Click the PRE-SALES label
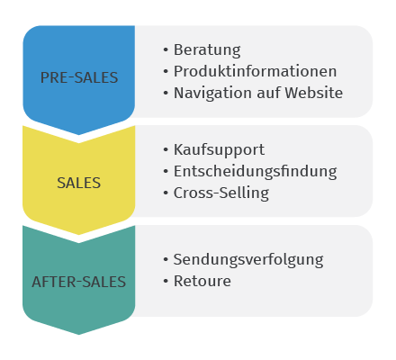tap(79, 77)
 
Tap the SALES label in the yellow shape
tap(79, 183)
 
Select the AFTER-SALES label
tap(79, 282)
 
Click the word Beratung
tap(207, 50)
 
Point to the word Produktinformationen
tap(255, 71)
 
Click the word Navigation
tap(212, 93)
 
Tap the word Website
tap(314, 93)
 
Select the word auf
tap(268, 93)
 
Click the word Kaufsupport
tap(219, 150)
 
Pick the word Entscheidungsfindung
tap(256, 172)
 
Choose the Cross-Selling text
tap(221, 193)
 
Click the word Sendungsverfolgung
tap(248, 260)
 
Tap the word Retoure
tap(202, 281)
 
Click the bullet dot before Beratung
tap(166, 50)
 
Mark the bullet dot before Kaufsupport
tap(166, 149)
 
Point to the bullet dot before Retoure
tap(166, 281)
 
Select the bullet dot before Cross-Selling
tap(166, 193)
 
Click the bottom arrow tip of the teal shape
tap(79, 334)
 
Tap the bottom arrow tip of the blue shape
tap(79, 135)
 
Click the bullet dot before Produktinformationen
tap(166, 71)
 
